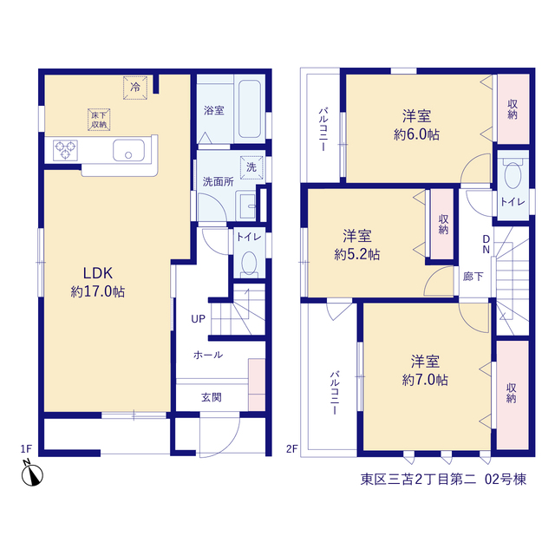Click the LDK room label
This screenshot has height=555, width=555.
(98, 273)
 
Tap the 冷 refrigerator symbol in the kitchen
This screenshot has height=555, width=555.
(135, 88)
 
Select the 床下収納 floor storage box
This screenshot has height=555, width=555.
(99, 120)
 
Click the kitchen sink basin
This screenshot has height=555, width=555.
(128, 150)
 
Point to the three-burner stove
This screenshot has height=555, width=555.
(66, 150)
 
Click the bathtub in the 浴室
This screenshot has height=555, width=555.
(250, 108)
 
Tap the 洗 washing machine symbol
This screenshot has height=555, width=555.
(251, 167)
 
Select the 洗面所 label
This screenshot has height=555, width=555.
(218, 182)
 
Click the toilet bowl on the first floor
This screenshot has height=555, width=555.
(249, 263)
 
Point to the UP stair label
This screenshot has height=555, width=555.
(198, 319)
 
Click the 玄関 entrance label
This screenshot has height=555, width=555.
(212, 397)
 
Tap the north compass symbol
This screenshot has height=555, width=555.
(32, 474)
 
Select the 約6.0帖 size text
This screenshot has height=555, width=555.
(416, 134)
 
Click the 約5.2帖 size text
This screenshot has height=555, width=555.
(357, 254)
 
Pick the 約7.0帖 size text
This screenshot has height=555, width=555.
(425, 380)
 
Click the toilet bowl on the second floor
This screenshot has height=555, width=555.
(513, 175)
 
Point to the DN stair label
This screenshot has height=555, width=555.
(486, 245)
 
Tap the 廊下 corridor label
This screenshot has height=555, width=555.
(473, 277)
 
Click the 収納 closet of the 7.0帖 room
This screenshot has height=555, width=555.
(513, 395)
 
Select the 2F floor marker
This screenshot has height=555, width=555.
(292, 449)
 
